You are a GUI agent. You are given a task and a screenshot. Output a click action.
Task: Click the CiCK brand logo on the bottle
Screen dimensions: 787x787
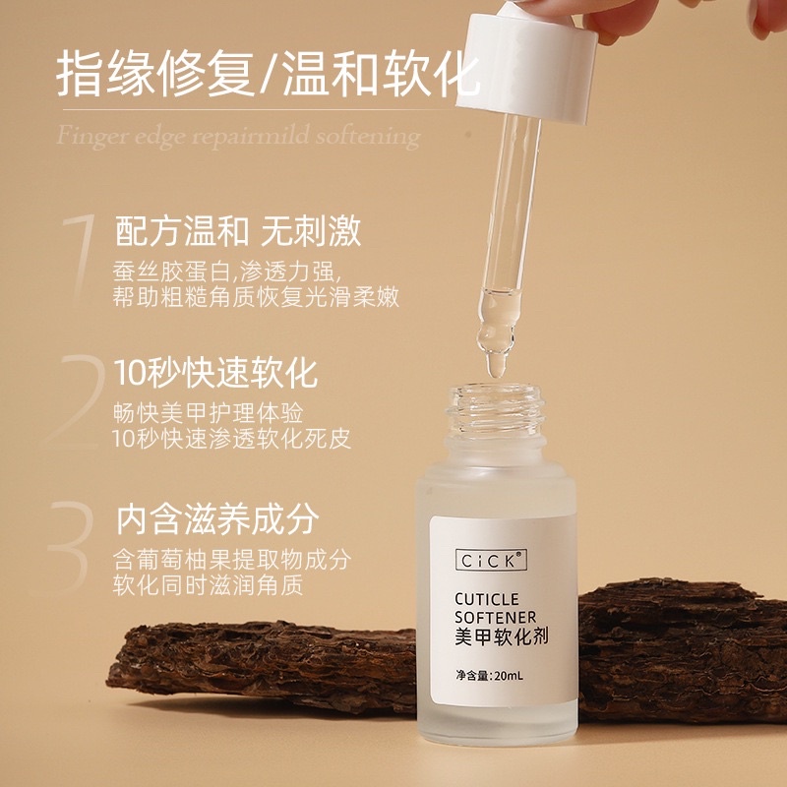(491, 560)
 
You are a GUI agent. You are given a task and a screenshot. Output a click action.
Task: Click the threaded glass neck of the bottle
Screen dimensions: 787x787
(496, 410)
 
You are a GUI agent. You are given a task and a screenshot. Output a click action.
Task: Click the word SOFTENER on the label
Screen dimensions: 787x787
(495, 617)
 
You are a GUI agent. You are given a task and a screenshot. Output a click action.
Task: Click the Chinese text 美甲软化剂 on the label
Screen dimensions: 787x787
(502, 636)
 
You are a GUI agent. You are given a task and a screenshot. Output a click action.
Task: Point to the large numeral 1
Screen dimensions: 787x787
(81, 258)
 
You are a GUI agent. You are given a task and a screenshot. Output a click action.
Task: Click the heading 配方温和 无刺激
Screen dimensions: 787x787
(238, 231)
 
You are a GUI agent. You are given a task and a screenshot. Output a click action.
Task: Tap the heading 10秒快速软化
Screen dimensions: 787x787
(215, 373)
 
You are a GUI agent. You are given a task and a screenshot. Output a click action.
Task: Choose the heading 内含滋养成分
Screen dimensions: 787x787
(217, 519)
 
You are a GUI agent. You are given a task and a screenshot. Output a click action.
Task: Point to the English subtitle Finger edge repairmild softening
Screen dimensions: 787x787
(238, 137)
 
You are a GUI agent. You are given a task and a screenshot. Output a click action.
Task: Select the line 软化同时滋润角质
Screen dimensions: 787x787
(208, 585)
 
